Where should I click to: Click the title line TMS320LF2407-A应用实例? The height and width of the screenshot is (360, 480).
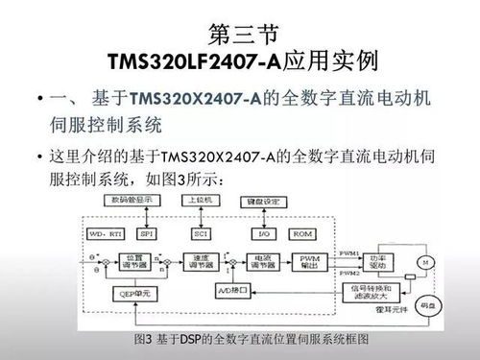(239, 62)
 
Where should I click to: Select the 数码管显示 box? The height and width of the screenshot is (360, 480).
(132, 200)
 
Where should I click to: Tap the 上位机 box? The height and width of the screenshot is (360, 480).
(203, 200)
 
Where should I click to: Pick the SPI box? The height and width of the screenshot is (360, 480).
(147, 232)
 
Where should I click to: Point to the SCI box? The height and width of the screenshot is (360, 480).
(203, 232)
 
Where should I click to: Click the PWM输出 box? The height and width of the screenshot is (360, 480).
(308, 263)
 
